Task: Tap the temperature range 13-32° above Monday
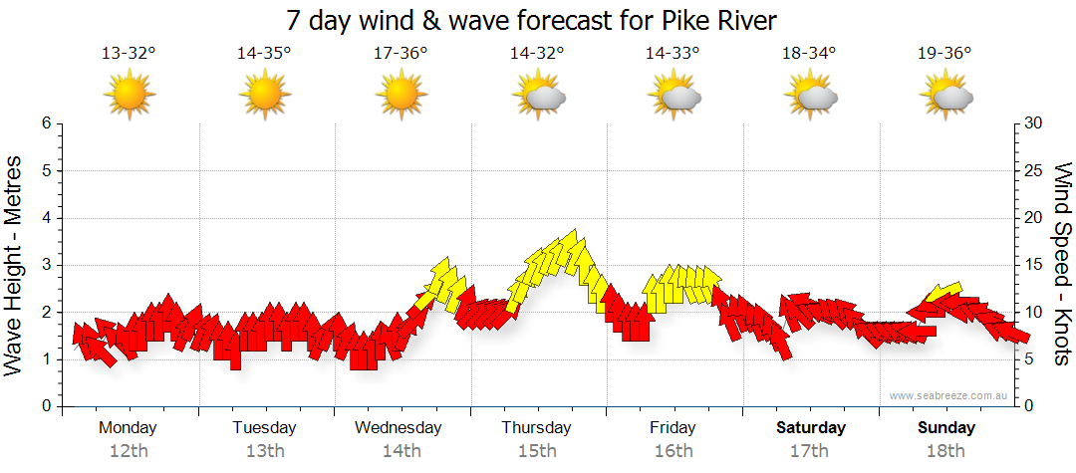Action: [129, 54]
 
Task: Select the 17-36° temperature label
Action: [401, 54]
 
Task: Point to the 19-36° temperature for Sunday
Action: [944, 54]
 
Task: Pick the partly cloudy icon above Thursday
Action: [538, 96]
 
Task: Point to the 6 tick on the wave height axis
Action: [45, 123]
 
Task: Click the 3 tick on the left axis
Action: [45, 265]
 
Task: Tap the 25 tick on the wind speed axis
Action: [1034, 170]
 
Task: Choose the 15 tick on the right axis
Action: [1034, 265]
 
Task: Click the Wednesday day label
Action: [399, 428]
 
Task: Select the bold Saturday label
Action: [811, 428]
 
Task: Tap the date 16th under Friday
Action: [673, 451]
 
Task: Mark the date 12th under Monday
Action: [129, 451]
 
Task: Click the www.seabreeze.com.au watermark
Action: [949, 395]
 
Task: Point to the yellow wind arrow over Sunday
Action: [941, 292]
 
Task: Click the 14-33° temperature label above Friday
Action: [672, 54]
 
